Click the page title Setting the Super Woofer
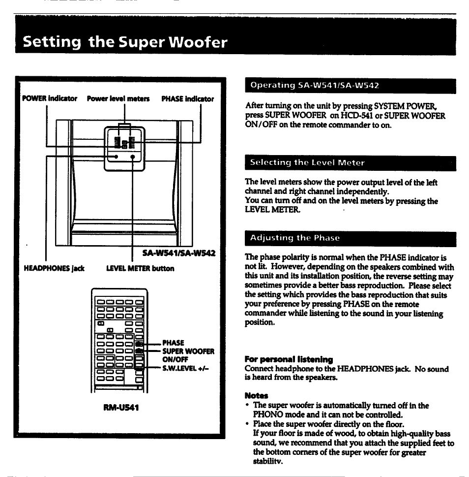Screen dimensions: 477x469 [x=125, y=42]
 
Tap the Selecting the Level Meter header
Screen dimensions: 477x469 [x=307, y=162]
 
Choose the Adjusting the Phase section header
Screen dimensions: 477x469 [x=295, y=238]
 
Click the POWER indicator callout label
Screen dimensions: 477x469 [x=50, y=99]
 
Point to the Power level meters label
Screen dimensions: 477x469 [x=118, y=99]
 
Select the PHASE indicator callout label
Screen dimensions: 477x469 [x=187, y=99]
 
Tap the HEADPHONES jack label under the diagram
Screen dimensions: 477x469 [x=54, y=269]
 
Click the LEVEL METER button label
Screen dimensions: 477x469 [x=140, y=269]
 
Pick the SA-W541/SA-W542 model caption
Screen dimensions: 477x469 [x=179, y=254]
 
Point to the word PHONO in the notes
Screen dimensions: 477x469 [x=266, y=414]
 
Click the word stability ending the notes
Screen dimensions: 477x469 [x=268, y=461]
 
